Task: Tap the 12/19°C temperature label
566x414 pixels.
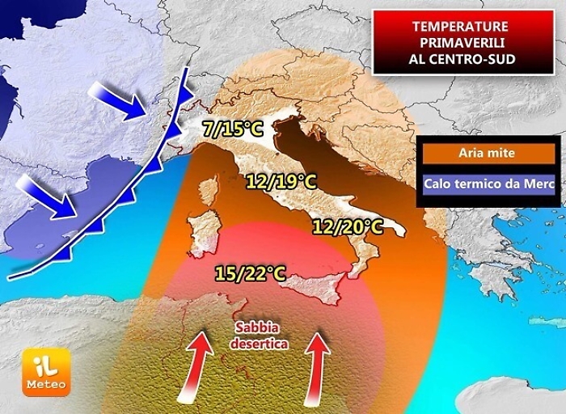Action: tap(282, 182)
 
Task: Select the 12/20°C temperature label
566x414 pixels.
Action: tap(348, 226)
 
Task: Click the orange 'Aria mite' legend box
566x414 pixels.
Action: tap(487, 152)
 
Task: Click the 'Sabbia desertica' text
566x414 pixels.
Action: tap(258, 335)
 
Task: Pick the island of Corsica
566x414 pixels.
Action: tap(209, 191)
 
